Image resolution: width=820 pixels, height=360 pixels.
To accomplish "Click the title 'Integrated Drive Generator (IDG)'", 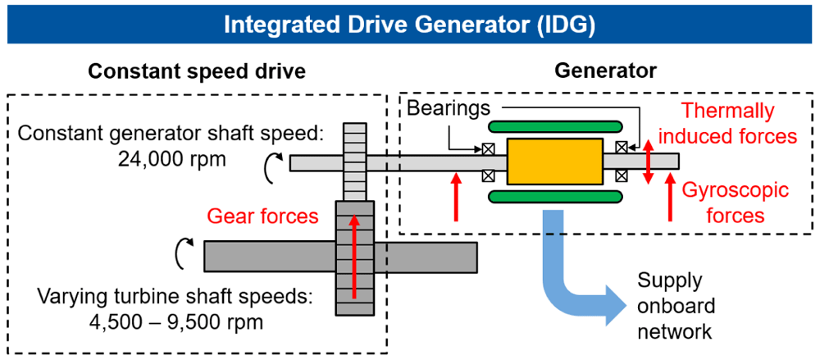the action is (409, 25).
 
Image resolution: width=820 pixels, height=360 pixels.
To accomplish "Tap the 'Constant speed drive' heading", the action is (197, 71).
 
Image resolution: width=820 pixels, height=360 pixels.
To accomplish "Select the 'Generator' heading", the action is (606, 71).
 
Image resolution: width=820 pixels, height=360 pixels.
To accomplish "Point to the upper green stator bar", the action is (555, 126).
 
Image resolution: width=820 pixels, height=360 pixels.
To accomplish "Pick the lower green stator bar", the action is (555, 196).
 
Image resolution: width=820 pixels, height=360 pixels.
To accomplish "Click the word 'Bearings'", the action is (449, 108).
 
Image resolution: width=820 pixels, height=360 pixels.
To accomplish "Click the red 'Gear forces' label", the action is (263, 216).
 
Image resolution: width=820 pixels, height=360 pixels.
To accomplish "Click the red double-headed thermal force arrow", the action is (649, 162).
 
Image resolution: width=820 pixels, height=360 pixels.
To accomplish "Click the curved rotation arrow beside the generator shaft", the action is (274, 170).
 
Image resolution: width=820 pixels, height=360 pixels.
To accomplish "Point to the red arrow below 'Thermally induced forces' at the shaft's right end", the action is (669, 198).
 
